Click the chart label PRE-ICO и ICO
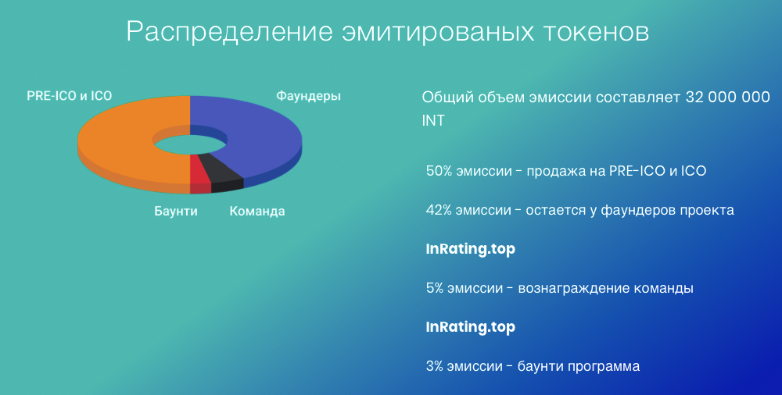click(x=70, y=96)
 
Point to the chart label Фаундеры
click(x=309, y=96)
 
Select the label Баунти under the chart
click(x=175, y=212)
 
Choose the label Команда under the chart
click(x=257, y=212)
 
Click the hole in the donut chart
click(x=190, y=144)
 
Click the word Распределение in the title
click(x=230, y=32)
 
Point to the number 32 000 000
click(x=727, y=97)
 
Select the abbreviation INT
click(x=433, y=120)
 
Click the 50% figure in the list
click(x=439, y=171)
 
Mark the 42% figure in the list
click(x=439, y=210)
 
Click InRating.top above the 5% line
click(x=470, y=249)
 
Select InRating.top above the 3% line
click(x=470, y=327)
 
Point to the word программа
click(x=604, y=368)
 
